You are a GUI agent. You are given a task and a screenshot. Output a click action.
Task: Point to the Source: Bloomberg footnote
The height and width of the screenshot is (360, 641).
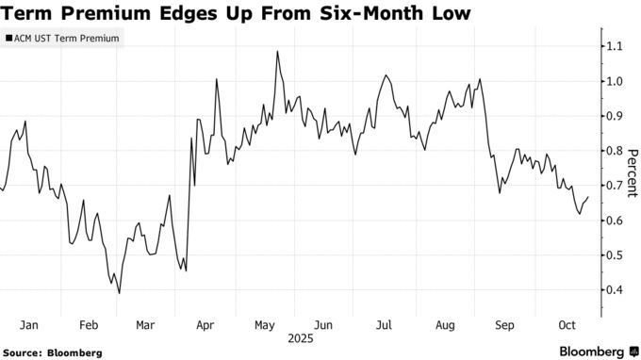(52, 352)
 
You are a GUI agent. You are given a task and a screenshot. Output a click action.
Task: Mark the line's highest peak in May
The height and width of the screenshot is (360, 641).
(278, 52)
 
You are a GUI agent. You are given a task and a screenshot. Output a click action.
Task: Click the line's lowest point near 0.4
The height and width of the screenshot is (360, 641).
(119, 293)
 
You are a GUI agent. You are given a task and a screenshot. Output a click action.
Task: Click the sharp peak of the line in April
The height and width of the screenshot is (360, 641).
(218, 80)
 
